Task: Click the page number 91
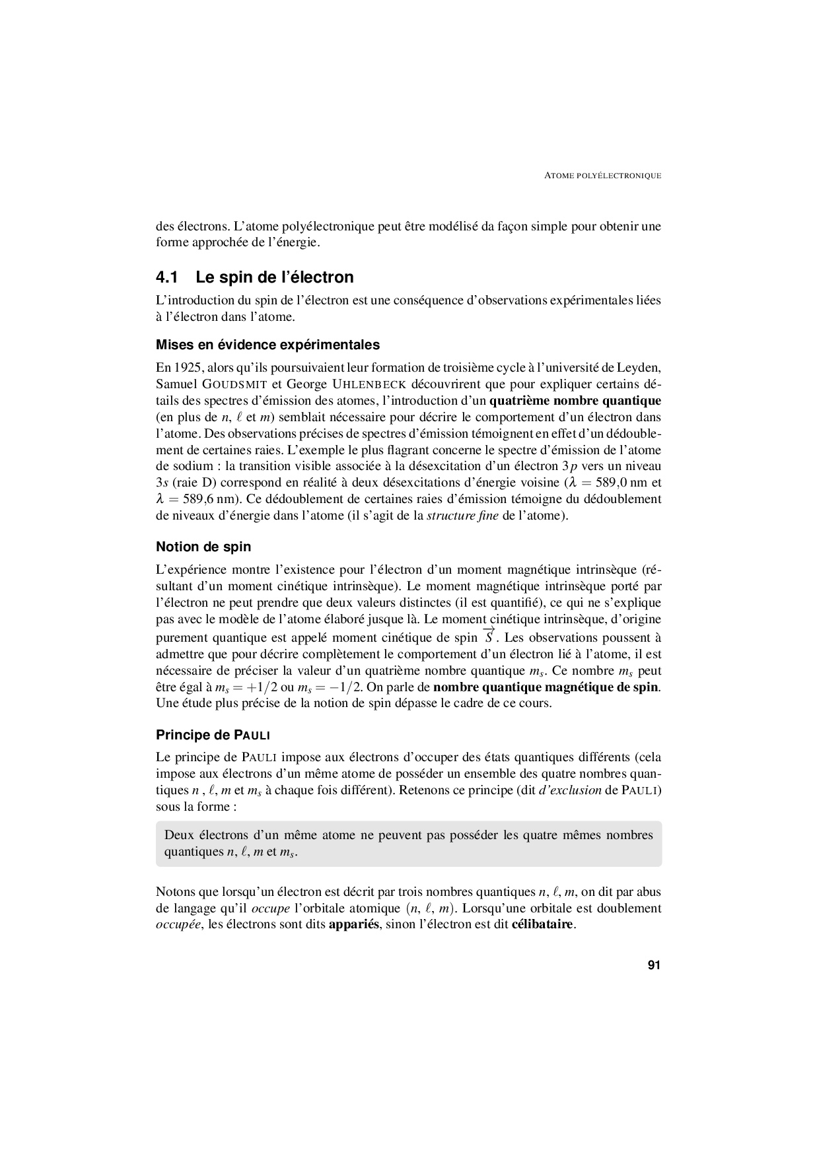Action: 653,965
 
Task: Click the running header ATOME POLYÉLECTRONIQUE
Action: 602,176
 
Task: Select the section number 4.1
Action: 168,277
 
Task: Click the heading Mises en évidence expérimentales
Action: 267,345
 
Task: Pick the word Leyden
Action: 641,367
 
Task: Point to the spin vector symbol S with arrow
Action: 489,636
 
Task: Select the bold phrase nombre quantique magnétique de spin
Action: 546,687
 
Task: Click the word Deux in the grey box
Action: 179,835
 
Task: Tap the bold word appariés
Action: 353,924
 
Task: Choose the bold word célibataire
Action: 542,924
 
